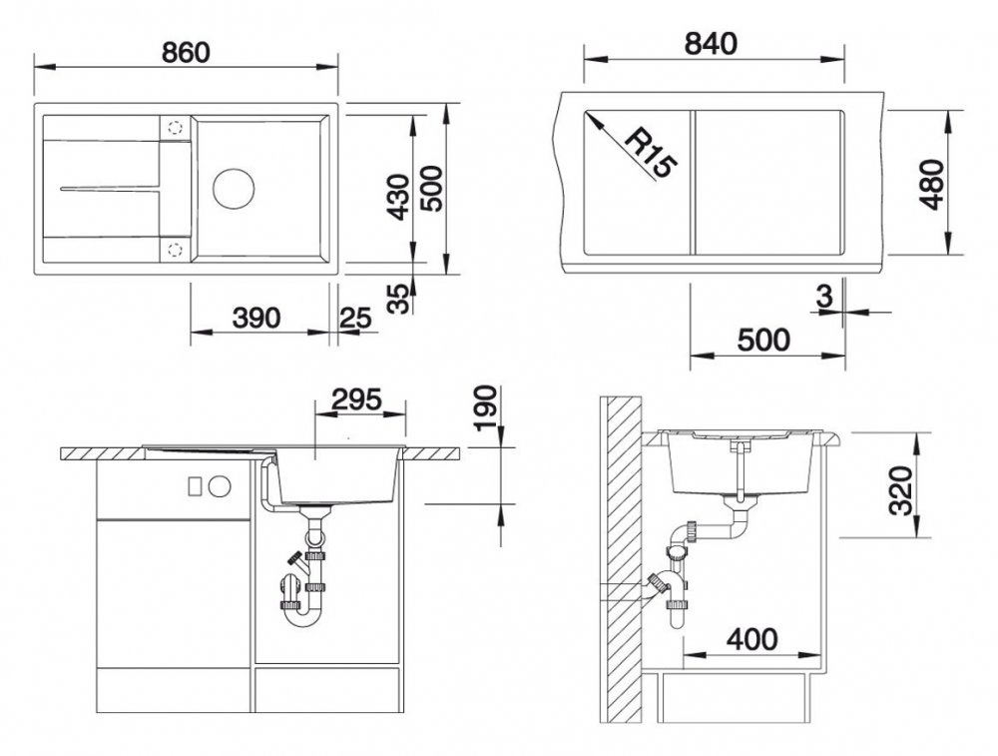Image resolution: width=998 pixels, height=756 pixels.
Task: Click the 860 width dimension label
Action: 186,52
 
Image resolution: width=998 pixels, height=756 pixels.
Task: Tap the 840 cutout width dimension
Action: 711,44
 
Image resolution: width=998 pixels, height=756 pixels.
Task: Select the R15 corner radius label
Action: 649,153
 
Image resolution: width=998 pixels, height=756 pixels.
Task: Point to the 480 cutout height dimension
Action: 932,185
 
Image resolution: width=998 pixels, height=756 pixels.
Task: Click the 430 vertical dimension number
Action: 399,197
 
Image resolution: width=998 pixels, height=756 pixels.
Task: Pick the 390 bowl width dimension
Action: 256,318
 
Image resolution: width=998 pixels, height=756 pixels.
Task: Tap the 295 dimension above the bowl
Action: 357,399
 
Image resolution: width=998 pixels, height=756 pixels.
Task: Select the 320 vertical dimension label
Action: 901,490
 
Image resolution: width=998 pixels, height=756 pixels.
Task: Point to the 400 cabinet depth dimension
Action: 751,639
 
